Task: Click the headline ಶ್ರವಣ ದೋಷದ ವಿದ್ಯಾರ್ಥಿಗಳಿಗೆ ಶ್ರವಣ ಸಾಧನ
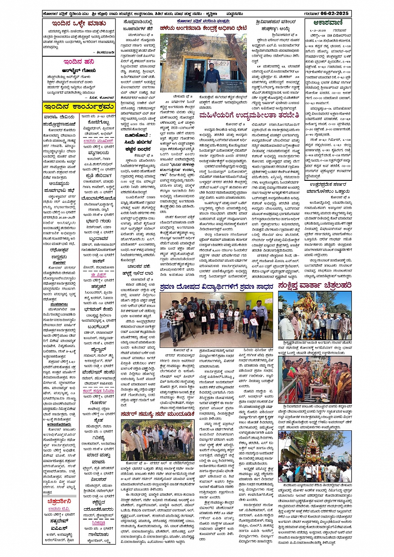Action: (x=216, y=287)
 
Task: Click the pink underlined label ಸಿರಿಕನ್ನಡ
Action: (x=99, y=522)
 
